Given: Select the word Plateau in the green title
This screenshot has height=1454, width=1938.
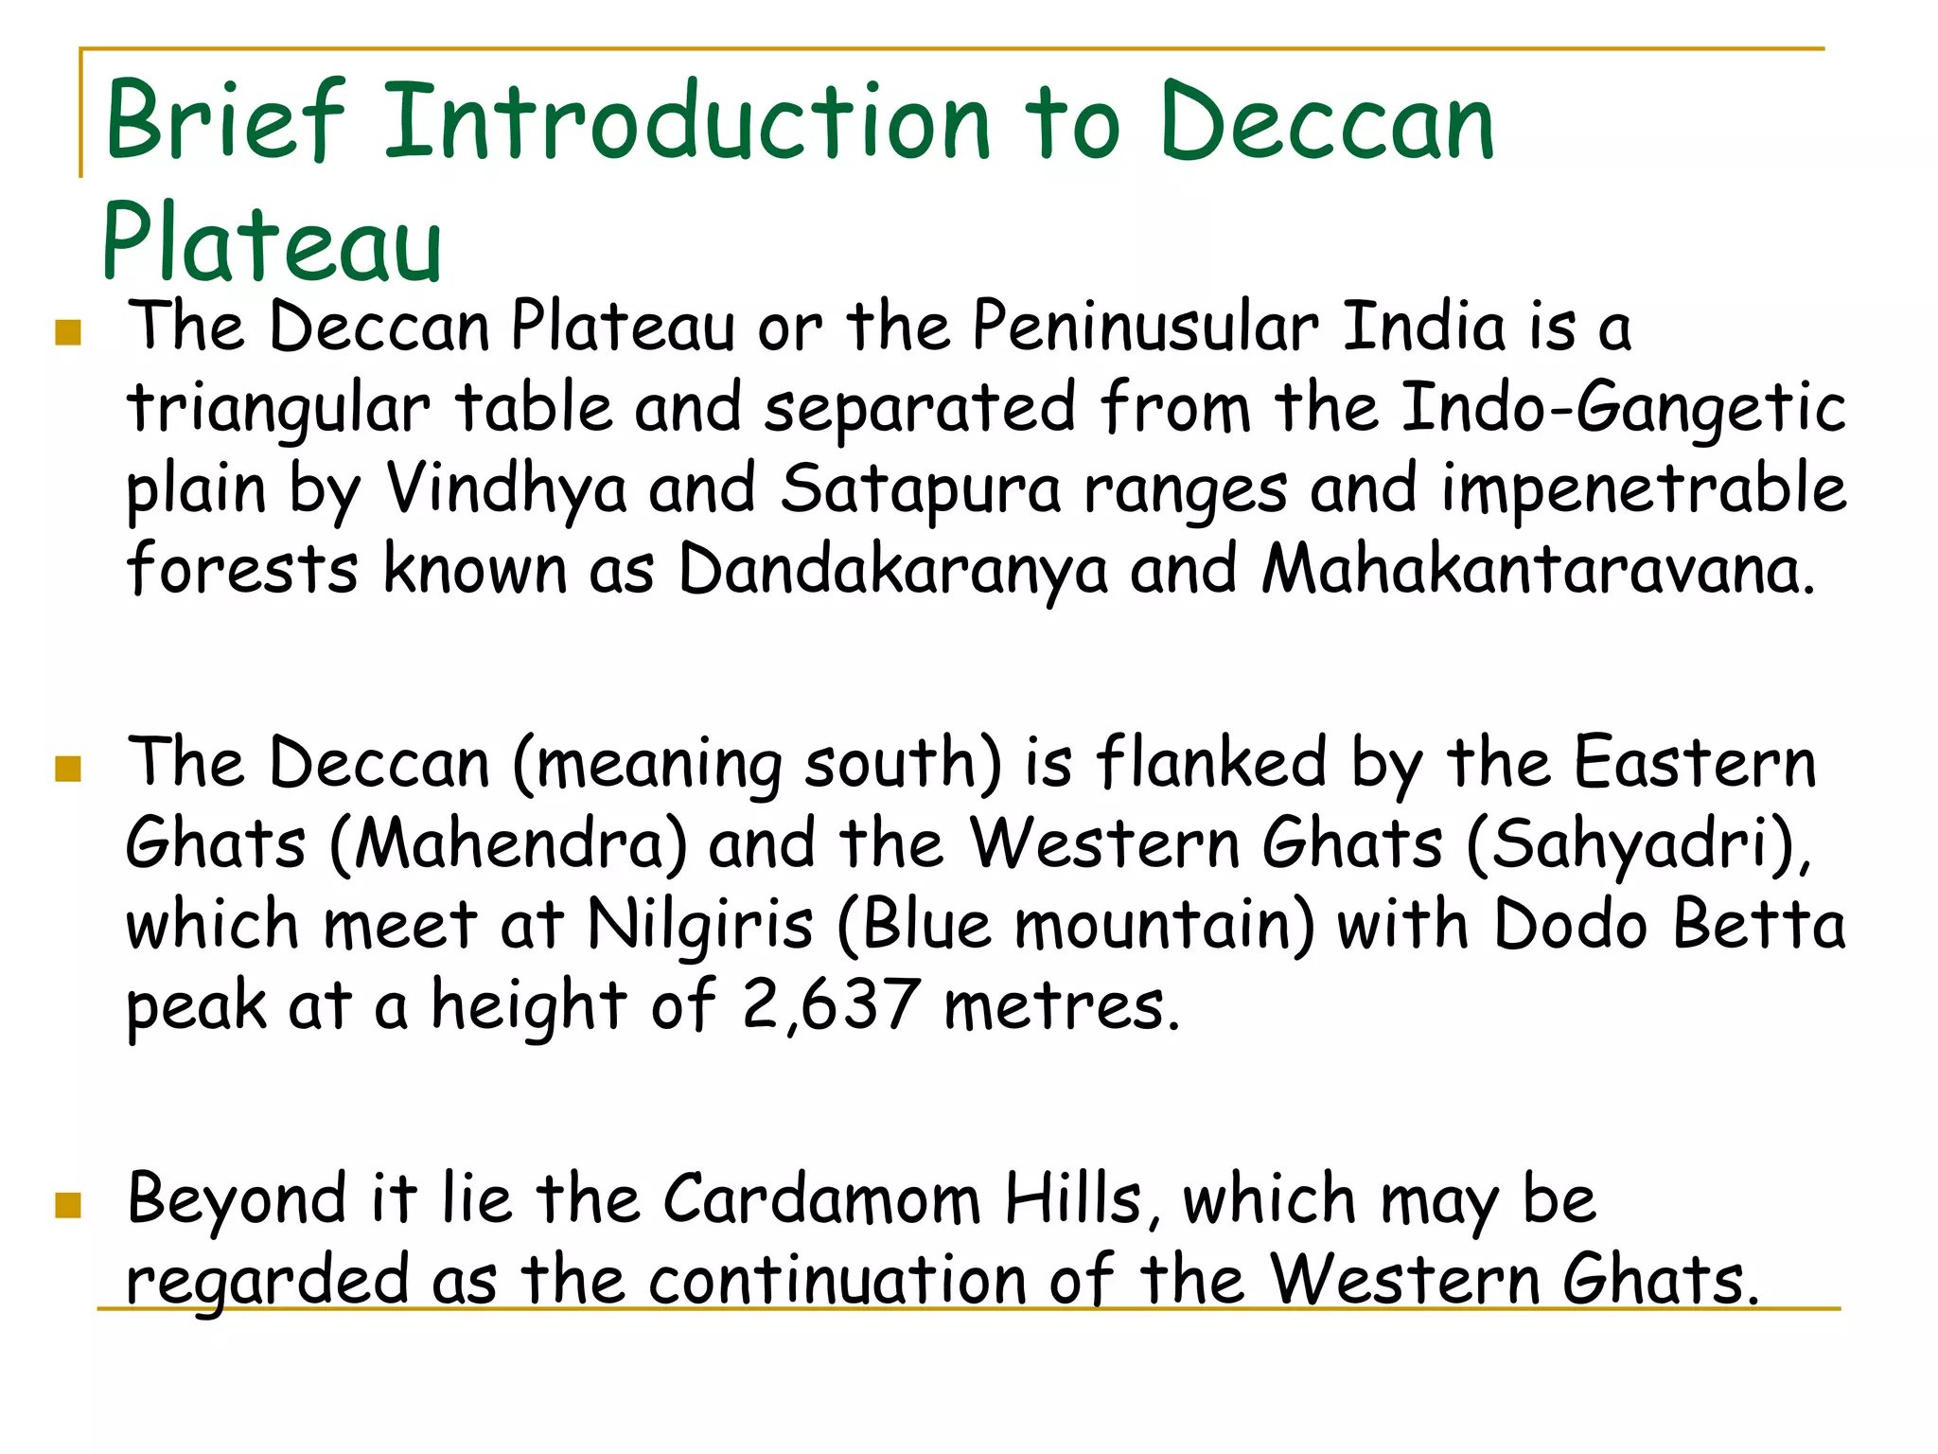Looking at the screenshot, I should tap(273, 244).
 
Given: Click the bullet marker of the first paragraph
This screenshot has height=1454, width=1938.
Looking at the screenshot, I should tap(68, 332).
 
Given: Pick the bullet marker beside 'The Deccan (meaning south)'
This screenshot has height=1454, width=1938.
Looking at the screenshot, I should tap(68, 768).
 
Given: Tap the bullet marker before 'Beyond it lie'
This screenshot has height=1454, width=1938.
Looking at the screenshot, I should tap(68, 1205).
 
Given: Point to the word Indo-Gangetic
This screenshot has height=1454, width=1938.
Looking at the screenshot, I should tap(1622, 408).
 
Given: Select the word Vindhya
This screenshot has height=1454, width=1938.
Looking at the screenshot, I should tap(507, 490).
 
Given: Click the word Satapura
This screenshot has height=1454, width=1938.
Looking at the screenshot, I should tap(920, 490).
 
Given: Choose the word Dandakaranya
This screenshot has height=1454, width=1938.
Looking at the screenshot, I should tap(893, 571).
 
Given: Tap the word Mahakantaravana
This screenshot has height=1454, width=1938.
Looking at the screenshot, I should tap(1539, 571).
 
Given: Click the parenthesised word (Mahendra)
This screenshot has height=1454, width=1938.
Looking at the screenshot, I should tap(509, 843).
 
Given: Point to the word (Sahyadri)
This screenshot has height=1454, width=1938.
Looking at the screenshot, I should tap(1636, 843).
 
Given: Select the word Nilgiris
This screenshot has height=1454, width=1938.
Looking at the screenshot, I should tap(700, 925).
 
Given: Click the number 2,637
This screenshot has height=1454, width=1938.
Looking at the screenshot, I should tap(830, 1005).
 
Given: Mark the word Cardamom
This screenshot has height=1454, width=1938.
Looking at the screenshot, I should tap(821, 1199).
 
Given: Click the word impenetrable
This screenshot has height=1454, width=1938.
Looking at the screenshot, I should tap(1644, 490).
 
